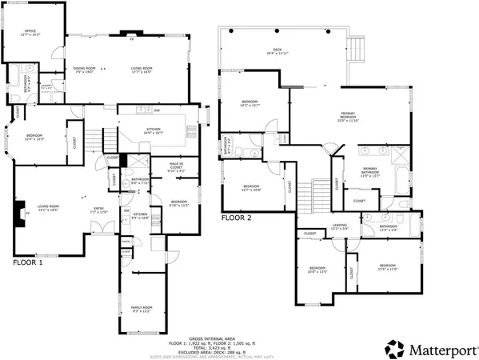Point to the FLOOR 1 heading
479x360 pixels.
point(29,262)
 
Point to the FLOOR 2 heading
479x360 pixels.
point(237,217)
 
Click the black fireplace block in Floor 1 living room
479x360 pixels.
point(19,214)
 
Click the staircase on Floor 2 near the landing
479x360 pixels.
point(320,190)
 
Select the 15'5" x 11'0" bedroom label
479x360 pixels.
point(388,266)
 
